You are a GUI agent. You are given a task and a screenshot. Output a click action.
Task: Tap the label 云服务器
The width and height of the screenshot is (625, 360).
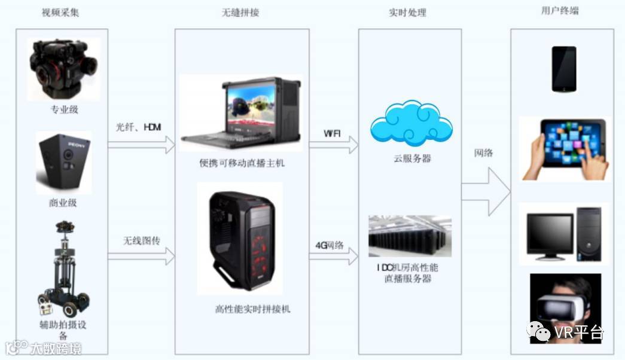click(x=412, y=158)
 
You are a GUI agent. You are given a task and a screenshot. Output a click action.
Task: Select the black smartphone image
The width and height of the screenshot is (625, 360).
click(x=563, y=68)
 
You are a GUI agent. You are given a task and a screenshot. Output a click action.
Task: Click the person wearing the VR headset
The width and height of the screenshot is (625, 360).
click(x=565, y=308)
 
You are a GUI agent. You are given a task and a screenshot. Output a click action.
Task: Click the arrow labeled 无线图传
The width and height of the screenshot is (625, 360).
click(x=141, y=257)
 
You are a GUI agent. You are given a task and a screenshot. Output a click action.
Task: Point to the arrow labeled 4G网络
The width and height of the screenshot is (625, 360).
click(x=333, y=257)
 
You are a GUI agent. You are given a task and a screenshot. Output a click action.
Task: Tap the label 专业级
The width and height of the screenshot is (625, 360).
click(x=63, y=109)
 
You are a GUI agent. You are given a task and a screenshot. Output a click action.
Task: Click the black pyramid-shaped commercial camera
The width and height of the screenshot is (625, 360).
click(x=63, y=162)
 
